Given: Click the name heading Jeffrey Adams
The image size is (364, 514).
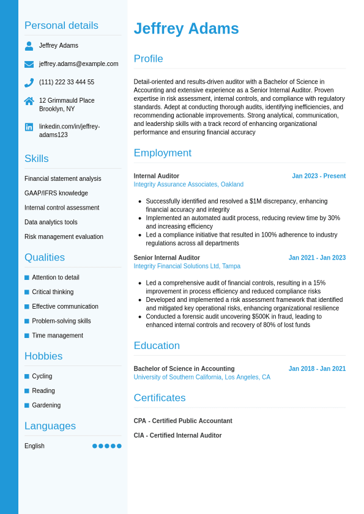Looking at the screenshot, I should tap(186, 29).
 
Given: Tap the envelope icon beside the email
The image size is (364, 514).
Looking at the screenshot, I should tap(29, 64).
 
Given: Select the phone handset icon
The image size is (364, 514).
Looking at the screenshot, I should tap(29, 83).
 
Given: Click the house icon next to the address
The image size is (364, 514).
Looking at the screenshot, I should tap(29, 101).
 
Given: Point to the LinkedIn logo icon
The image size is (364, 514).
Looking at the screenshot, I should tap(29, 127).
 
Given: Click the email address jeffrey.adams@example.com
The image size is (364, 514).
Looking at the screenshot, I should tap(78, 64).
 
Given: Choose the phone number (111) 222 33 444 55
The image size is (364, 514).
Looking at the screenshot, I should tap(67, 82).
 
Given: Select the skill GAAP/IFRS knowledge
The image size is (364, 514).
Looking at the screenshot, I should tap(56, 193).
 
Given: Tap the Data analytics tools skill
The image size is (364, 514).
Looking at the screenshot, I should tap(51, 222).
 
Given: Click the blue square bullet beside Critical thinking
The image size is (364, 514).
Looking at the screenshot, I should tap(27, 292).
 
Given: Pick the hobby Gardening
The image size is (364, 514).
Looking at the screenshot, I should tap(46, 405).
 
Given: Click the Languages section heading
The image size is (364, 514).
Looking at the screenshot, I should tap(50, 426).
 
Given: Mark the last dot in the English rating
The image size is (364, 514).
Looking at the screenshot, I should tap(119, 446).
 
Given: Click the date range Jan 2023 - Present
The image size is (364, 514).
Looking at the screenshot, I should tap(318, 176).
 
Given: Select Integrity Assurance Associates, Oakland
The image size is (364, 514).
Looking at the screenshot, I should tap(188, 184).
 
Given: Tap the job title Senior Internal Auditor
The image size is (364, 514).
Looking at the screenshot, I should tap(166, 258).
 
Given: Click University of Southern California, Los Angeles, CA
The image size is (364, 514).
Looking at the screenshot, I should tap(202, 377).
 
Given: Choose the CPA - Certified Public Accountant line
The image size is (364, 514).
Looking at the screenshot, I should tap(183, 421).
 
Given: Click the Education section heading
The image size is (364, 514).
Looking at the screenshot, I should tap(157, 346).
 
